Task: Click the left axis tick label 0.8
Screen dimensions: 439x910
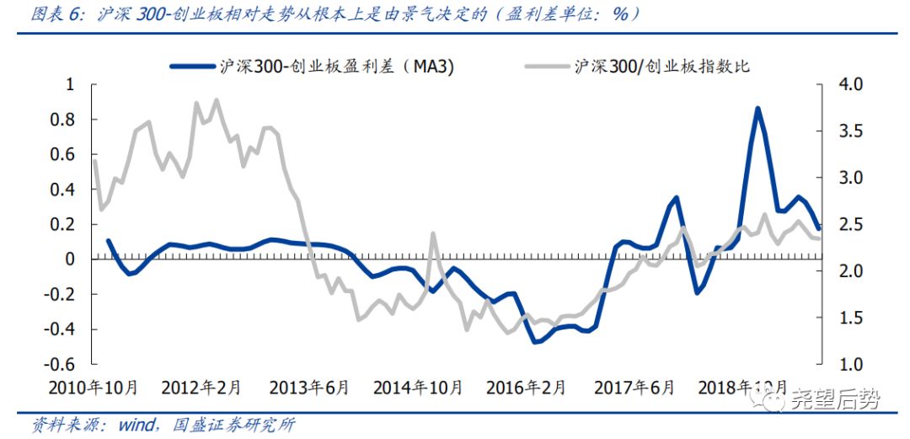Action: coord(63,120)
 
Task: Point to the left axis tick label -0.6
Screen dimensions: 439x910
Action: coord(61,364)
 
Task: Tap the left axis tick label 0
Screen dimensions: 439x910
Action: coord(70,260)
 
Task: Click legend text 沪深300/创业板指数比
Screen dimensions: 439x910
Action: coord(662,67)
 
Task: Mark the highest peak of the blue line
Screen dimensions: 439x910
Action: coord(757,108)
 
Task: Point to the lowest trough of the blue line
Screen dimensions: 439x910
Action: coord(534,342)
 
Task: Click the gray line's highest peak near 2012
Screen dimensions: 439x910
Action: coord(217,100)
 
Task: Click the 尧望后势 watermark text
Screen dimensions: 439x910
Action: coord(835,399)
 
